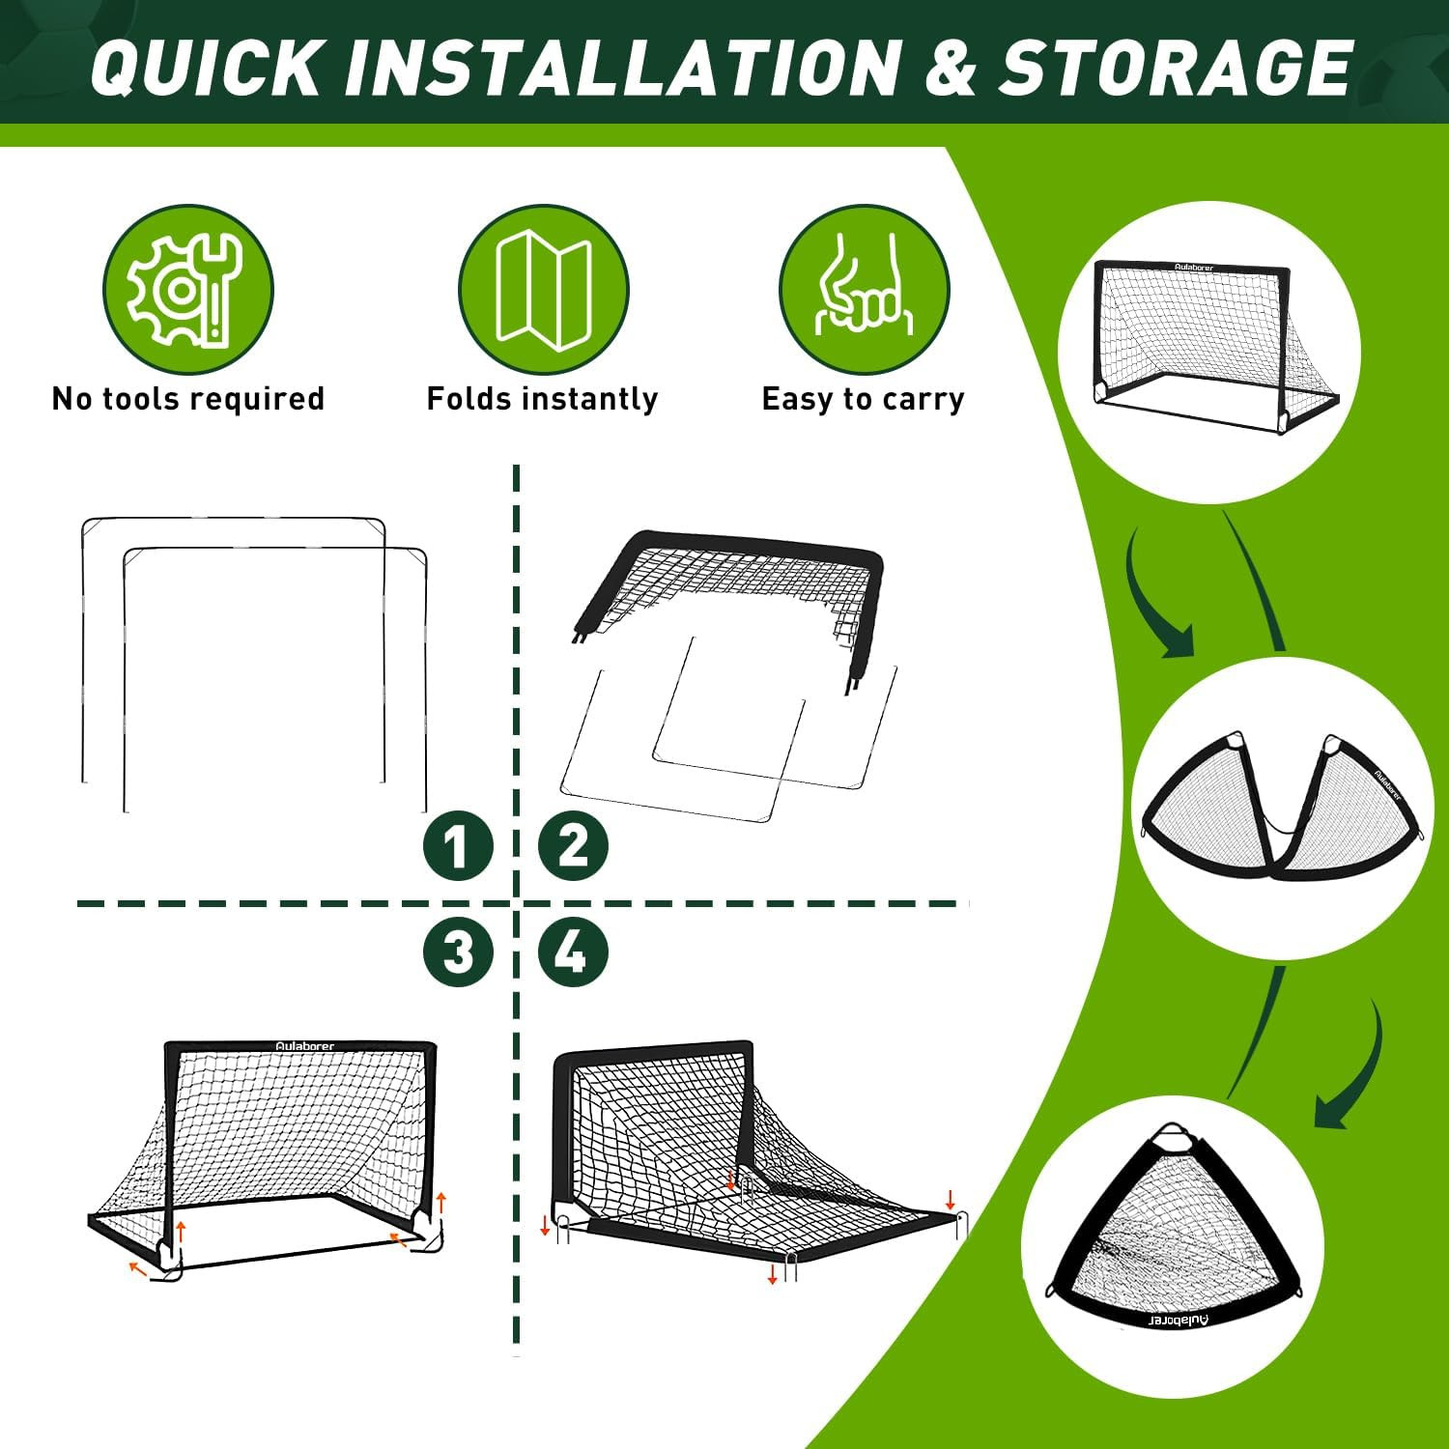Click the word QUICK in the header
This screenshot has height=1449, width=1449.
tap(204, 68)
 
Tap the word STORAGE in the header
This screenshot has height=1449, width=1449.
tap(1175, 68)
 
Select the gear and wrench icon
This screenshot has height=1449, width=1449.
tap(187, 289)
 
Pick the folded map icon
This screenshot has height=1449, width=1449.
tap(543, 289)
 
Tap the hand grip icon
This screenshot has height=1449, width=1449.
tap(864, 289)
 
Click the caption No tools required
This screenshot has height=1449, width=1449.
tap(187, 399)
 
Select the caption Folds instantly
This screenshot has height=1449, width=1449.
tap(542, 399)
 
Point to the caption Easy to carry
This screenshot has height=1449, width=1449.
tap(863, 399)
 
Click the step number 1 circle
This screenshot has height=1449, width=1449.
tap(458, 846)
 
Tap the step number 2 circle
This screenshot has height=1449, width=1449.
tap(574, 846)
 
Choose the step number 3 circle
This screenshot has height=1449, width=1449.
tap(458, 952)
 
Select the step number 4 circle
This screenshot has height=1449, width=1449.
tap(574, 952)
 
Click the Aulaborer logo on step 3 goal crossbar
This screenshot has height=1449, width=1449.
tap(304, 1046)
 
